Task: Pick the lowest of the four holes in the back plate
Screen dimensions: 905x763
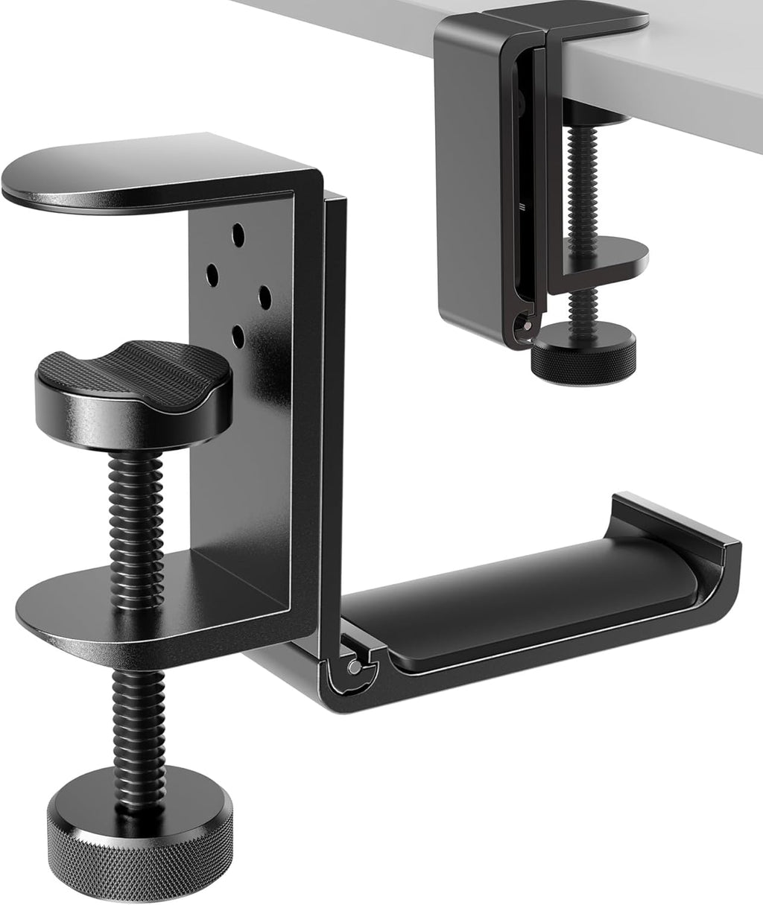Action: point(238,335)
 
